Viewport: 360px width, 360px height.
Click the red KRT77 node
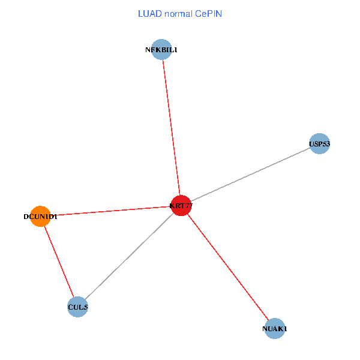pyautogui.click(x=181, y=206)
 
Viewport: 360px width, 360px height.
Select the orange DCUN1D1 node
pyautogui.click(x=40, y=216)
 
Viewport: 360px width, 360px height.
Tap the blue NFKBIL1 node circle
pyautogui.click(x=161, y=50)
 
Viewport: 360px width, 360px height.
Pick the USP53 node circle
pyautogui.click(x=319, y=143)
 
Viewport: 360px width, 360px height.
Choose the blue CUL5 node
pyautogui.click(x=78, y=307)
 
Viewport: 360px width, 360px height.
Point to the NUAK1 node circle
pyautogui.click(x=274, y=328)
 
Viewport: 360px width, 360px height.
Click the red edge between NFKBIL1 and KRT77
pyautogui.click(x=171, y=128)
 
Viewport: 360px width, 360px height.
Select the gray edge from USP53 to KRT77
pyautogui.click(x=250, y=175)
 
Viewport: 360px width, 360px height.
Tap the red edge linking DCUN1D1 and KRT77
pyautogui.click(x=110, y=211)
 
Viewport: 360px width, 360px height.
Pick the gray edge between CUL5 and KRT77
pyautogui.click(x=129, y=257)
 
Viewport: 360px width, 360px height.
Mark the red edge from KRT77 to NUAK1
pyautogui.click(x=227, y=267)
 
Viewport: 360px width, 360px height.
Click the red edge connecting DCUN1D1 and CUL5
pyautogui.click(x=59, y=262)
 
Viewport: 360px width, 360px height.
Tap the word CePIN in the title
pyautogui.click(x=208, y=13)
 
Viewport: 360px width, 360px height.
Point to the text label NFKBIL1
pyautogui.click(x=161, y=50)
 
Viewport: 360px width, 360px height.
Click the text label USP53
pyautogui.click(x=319, y=144)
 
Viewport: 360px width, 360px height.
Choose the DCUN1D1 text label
pyautogui.click(x=40, y=217)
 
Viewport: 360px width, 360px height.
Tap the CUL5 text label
pyautogui.click(x=78, y=308)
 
